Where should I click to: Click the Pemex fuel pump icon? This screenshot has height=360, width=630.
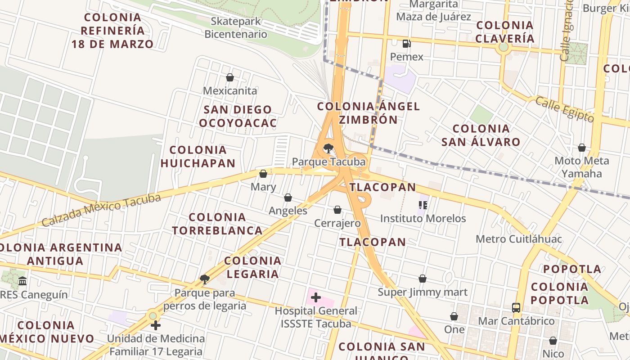coord(406,44)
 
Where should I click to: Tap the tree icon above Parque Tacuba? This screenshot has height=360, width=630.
coord(328,148)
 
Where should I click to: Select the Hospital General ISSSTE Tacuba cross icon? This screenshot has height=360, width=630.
coord(316,297)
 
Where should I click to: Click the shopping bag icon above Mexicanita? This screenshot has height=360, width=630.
coord(230,77)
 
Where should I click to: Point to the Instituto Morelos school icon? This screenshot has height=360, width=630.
coord(423,205)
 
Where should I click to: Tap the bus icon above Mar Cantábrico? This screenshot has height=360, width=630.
coord(516,308)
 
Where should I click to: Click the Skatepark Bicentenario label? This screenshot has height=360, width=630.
coord(236,27)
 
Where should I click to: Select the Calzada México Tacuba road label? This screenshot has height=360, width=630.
coord(101,210)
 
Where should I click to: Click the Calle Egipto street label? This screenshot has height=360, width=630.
coord(564,108)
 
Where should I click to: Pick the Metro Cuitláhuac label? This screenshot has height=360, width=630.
coord(519,238)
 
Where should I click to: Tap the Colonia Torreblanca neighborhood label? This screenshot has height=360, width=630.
coord(217,224)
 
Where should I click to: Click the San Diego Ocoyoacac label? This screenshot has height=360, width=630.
coord(238,116)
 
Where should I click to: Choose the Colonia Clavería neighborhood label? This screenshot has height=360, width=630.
coord(505,31)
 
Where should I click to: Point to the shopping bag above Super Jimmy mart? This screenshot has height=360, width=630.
coord(423,279)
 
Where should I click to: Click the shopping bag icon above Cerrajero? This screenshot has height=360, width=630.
coord(337,210)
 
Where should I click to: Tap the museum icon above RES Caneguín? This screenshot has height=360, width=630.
coord(22,282)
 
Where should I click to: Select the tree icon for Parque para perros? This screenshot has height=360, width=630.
coord(205,279)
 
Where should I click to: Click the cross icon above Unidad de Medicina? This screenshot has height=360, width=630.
coord(156,325)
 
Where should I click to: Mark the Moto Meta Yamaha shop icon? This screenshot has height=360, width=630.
coord(582,148)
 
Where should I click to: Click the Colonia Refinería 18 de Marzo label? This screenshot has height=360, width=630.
coord(112,31)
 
